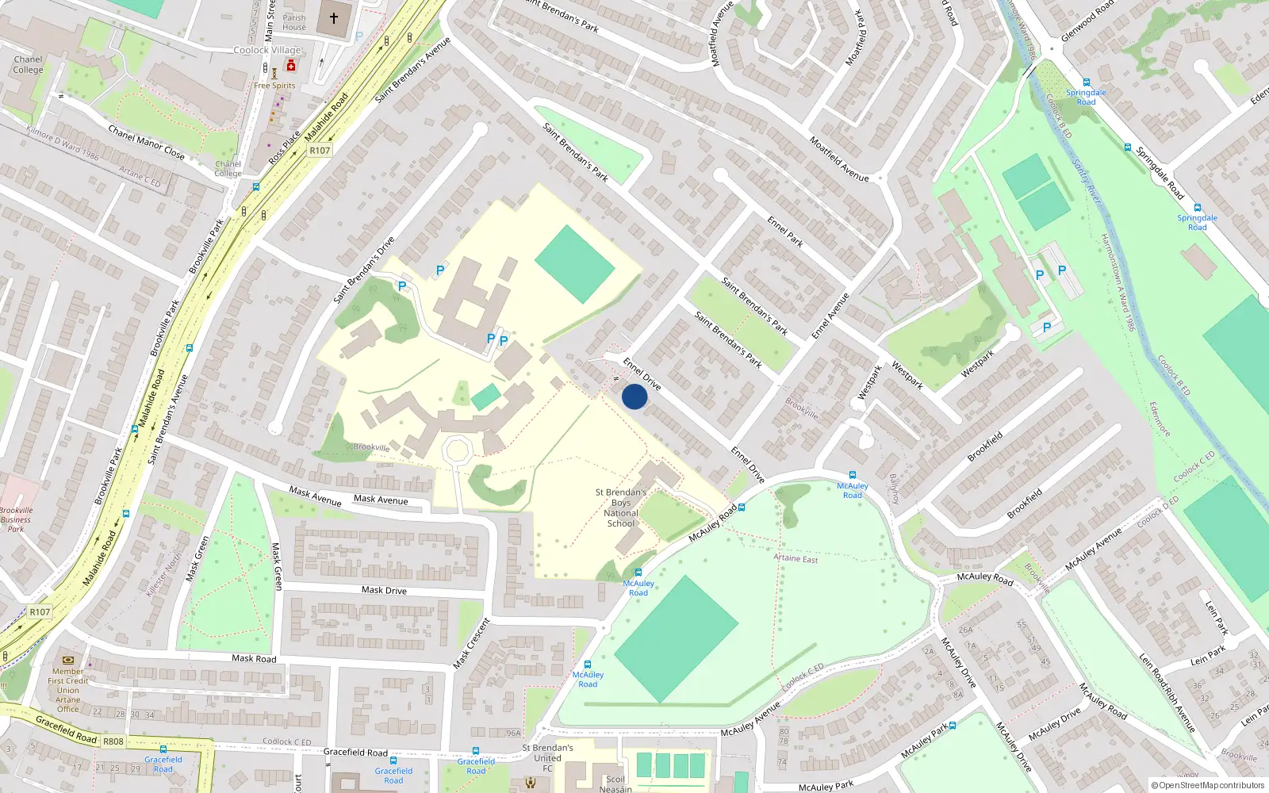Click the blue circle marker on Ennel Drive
(x=634, y=396)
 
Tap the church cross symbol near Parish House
(x=334, y=17)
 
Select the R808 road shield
(x=113, y=741)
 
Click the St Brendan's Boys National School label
(x=621, y=508)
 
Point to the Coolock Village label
(x=267, y=50)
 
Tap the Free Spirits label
(x=274, y=86)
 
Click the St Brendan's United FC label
(x=547, y=757)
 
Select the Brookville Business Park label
(x=16, y=519)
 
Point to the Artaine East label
(x=796, y=558)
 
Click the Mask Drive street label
(x=384, y=590)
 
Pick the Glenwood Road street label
(x=1087, y=22)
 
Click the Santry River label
(x=1086, y=181)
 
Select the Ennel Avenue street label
(x=830, y=316)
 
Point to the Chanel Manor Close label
(x=146, y=143)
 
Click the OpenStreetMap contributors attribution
(x=1207, y=785)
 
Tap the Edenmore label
(x=1160, y=419)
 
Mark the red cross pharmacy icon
(x=291, y=67)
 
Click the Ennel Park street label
(x=785, y=232)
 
